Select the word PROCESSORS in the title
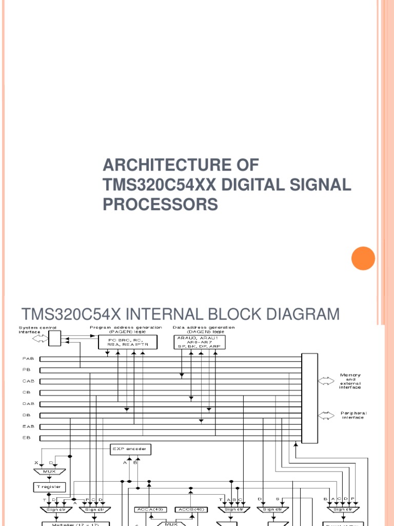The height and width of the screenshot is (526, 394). pos(160,204)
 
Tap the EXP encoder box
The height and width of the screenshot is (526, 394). pos(131,449)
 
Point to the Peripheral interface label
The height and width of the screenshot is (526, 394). pos(353,415)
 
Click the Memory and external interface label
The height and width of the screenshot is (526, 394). pos(350,381)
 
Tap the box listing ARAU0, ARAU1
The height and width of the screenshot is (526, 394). pos(203,343)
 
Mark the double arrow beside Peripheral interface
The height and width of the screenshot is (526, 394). pos(325,414)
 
